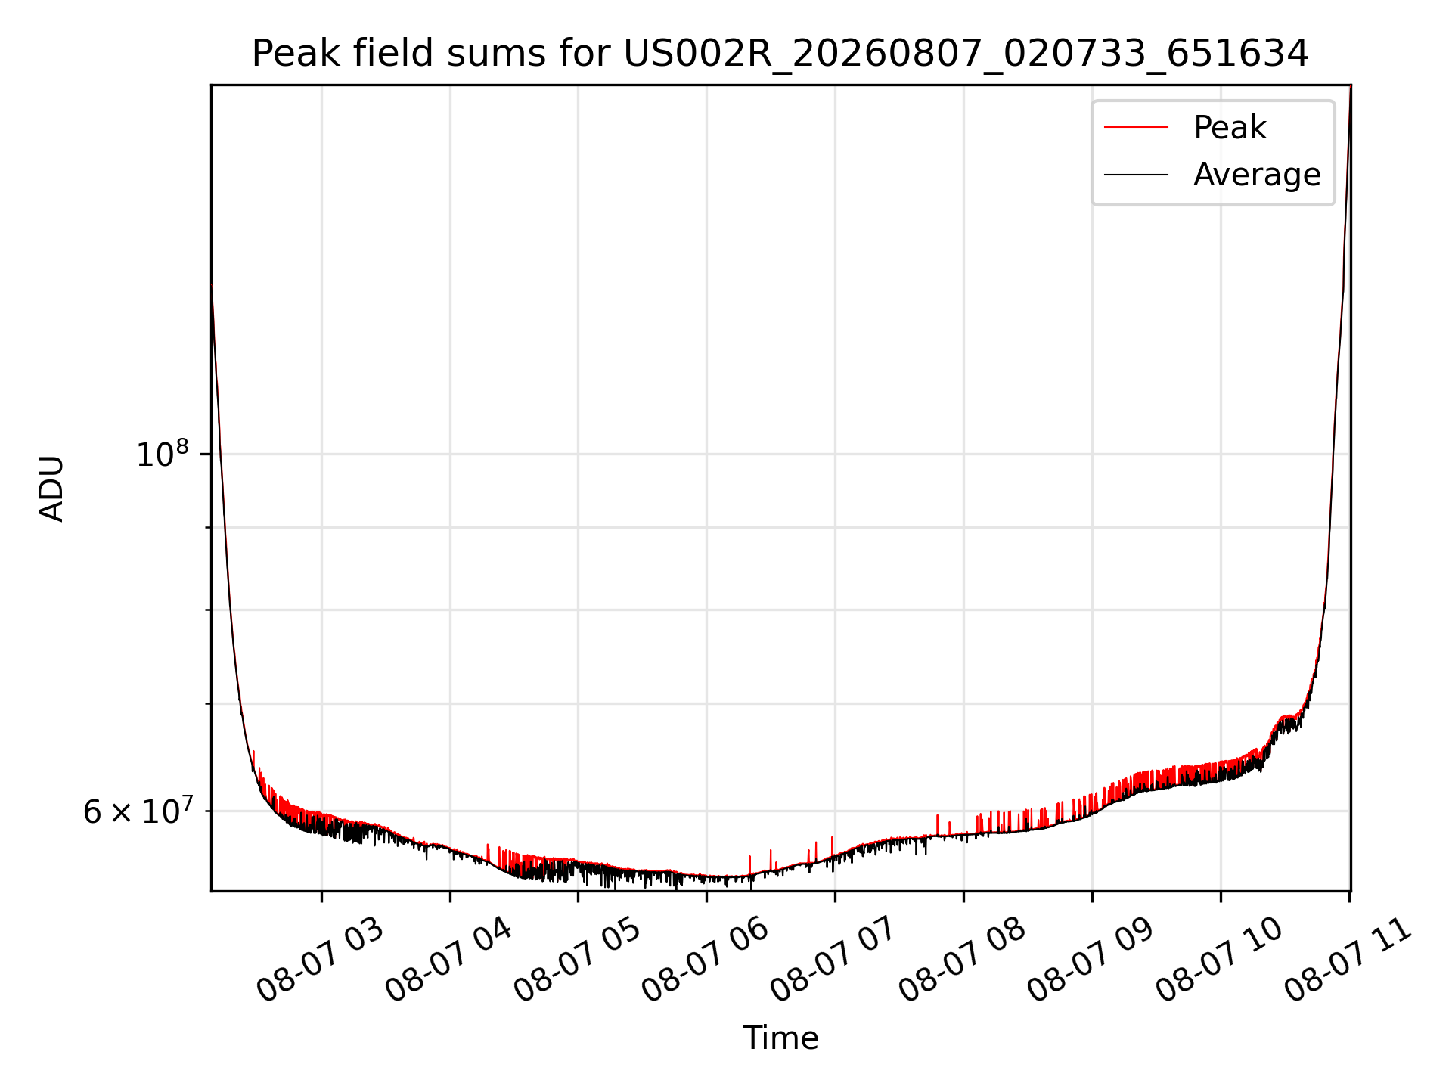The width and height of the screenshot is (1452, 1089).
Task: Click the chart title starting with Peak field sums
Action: click(780, 54)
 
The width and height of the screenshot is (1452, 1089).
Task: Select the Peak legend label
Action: click(1230, 128)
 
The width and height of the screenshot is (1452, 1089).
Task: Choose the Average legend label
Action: click(1257, 175)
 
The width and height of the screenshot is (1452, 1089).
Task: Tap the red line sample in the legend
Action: click(1136, 127)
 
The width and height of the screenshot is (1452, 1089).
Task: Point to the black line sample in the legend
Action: click(1136, 175)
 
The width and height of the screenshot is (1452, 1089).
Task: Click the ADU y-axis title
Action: click(51, 489)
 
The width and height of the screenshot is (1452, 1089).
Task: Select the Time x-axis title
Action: click(780, 1038)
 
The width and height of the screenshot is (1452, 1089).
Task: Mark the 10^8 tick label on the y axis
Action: click(163, 454)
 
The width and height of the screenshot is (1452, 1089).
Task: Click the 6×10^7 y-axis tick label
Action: click(137, 811)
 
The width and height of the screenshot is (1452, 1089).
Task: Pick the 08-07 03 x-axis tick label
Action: click(321, 960)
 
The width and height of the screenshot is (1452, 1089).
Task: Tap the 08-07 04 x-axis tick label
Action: click(449, 960)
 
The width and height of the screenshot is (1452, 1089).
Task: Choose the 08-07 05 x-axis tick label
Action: click(578, 960)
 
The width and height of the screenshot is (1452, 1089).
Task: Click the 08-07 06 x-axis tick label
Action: click(706, 960)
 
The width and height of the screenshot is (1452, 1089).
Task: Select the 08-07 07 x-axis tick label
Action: click(834, 960)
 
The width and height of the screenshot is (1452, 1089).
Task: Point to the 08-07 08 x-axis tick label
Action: click(963, 960)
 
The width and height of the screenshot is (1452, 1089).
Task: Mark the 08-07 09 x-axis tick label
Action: click(1091, 960)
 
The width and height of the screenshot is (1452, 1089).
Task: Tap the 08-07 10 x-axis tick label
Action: click(1220, 960)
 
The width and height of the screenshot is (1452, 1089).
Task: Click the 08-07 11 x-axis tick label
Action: click(1348, 960)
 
